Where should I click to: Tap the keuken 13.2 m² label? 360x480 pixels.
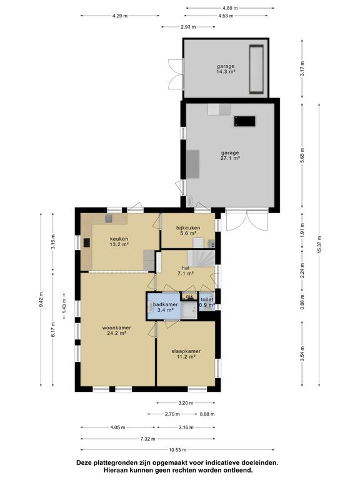point(119,241)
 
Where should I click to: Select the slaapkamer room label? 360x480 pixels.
point(186,354)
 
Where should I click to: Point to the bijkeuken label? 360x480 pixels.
point(188,230)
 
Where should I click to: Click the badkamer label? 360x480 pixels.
point(165,307)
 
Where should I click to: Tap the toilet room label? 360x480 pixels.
point(207,302)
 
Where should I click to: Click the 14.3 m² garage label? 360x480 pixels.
point(226,69)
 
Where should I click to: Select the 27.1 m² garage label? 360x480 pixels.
point(230,155)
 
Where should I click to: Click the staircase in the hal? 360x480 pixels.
point(201,258)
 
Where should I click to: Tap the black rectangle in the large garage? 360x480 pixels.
point(244,121)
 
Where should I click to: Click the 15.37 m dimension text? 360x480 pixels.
point(319,244)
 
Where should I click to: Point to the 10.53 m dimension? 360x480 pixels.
point(177,450)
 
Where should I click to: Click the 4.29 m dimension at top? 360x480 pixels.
point(120,16)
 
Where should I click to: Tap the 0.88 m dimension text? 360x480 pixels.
point(207,414)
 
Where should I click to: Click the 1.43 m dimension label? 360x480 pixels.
point(64,306)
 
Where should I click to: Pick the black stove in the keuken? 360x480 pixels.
point(87,242)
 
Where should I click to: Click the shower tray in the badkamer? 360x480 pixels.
point(189,310)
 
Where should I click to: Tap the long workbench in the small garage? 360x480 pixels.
point(256,69)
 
